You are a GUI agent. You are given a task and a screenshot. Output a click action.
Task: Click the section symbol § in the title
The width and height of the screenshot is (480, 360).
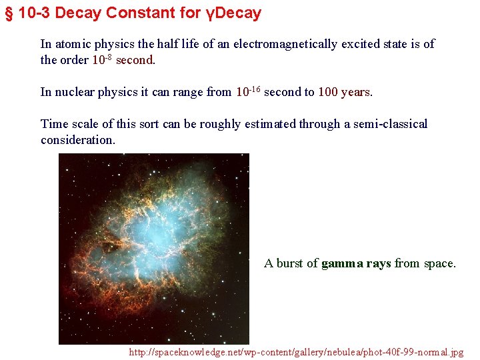9,13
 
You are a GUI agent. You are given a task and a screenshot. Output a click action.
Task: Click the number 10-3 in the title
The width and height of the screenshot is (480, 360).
35,13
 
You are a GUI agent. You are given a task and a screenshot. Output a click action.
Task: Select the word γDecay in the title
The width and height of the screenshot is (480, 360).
233,13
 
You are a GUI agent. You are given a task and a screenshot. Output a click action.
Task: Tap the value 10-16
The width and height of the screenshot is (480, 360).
249,91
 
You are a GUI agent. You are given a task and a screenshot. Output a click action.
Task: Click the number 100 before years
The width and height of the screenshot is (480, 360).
328,92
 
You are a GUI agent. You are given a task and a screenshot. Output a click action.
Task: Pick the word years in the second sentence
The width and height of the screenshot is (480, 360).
356,92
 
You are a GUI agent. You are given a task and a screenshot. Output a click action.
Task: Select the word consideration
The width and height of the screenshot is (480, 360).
77,139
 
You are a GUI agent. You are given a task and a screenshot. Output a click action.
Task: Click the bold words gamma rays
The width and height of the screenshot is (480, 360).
356,263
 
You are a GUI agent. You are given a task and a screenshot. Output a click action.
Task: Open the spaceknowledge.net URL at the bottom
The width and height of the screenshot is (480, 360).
296,351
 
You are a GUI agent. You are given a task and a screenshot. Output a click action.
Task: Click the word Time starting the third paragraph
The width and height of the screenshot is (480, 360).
54,124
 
